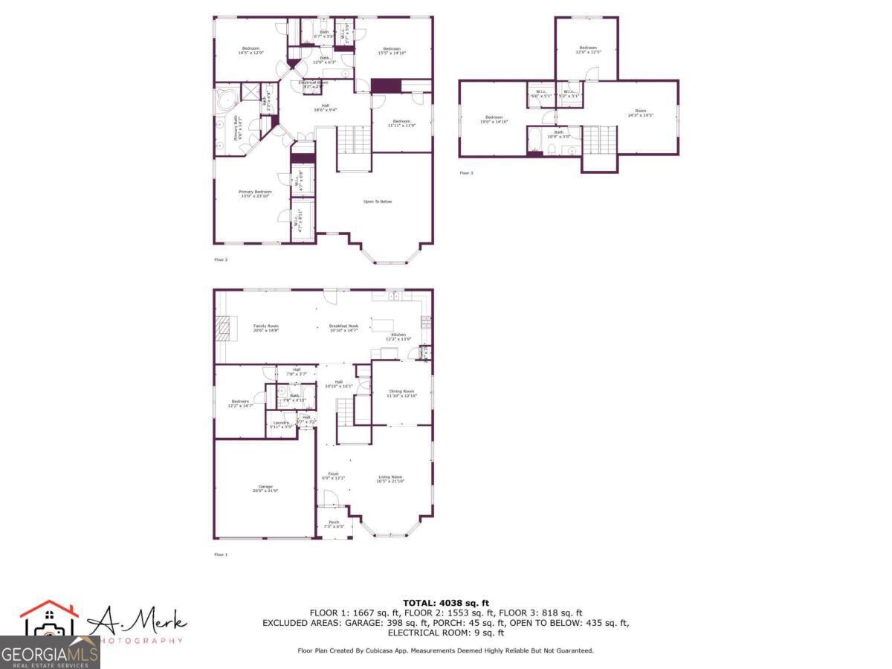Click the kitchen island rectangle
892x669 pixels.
381,325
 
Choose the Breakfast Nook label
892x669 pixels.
344,327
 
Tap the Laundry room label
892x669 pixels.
280,424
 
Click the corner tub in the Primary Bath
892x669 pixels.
227,100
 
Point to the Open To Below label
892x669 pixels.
377,201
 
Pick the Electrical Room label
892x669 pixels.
313,83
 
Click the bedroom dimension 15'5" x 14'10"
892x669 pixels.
392,53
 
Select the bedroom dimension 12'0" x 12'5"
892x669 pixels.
587,52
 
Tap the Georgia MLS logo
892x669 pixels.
49,653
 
